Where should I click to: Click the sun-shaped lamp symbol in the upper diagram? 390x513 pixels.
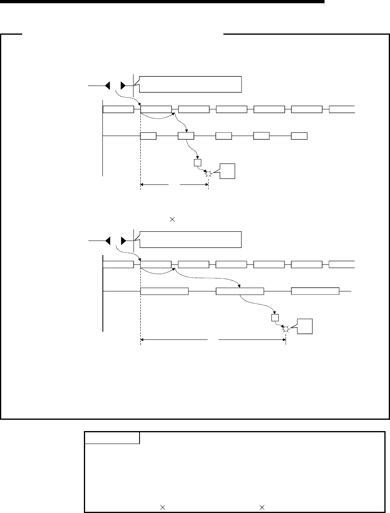point(208,174)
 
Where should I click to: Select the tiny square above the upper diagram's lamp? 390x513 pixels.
point(197,163)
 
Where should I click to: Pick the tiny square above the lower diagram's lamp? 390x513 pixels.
point(275,318)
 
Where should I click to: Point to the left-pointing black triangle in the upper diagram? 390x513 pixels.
point(108,86)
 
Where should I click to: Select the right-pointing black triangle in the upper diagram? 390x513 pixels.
point(123,86)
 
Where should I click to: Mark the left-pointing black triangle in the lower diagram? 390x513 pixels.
point(108,241)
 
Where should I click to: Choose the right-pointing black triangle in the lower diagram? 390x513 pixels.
point(123,241)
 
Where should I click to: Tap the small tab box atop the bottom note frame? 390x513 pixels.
point(112,438)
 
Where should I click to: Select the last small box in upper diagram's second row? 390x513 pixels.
point(299,136)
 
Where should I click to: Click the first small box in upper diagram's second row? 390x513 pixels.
point(148,136)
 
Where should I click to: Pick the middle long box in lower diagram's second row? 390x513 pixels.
point(240,291)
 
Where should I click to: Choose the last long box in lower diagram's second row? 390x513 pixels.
point(315,291)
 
